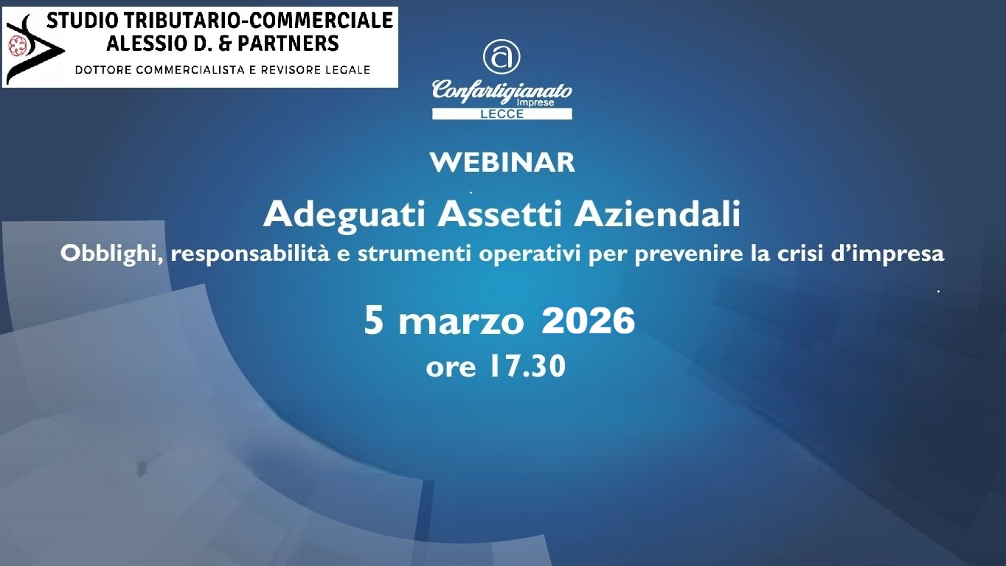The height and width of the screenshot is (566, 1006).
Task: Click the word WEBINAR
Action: click(502, 162)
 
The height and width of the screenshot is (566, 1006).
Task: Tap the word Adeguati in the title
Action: click(344, 214)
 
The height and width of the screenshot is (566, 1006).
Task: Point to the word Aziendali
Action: click(657, 214)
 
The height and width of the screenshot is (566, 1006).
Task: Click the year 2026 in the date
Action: click(588, 321)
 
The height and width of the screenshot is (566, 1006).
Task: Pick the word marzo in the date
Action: click(462, 323)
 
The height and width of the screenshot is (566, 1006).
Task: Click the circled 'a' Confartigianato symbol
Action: click(502, 57)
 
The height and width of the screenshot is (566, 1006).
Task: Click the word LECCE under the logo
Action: click(502, 114)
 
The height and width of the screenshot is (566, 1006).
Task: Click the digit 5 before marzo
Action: click(374, 321)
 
